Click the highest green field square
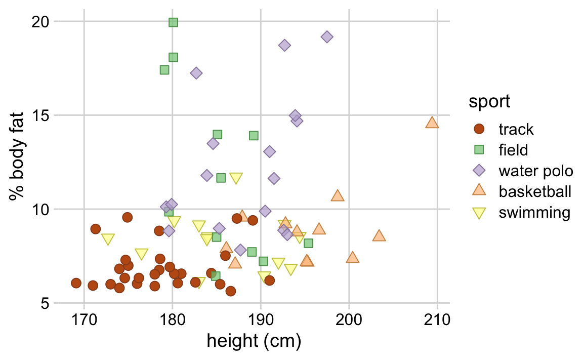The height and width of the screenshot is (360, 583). coord(173,22)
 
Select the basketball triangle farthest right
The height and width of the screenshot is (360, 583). coord(432,123)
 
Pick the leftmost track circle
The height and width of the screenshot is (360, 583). coord(76,283)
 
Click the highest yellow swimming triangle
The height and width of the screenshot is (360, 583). coord(236,178)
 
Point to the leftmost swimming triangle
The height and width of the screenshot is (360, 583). coord(108,239)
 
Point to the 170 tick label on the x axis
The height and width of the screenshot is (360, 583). coord(84,321)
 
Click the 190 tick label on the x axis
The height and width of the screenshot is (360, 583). coord(260,321)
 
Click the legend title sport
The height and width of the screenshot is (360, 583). coord(489,102)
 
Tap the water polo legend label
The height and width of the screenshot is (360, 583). coord(535,171)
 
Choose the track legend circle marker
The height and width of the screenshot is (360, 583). coord(478,129)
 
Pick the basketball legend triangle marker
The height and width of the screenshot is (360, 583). coord(478,191)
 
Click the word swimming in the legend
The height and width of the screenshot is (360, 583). coord(534,212)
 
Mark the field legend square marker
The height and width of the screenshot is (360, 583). coord(478,150)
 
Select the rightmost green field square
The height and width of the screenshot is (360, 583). coord(308,244)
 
